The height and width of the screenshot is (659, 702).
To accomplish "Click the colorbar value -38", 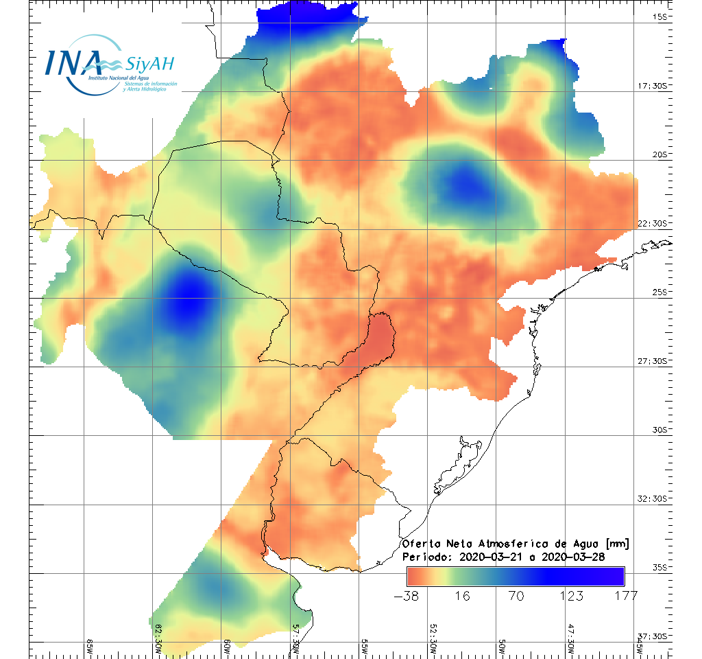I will (408, 596).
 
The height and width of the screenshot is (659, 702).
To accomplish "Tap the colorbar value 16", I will (462, 596).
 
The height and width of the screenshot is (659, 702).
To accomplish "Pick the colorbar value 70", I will (516, 596).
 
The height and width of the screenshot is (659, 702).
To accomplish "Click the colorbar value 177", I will (625, 596).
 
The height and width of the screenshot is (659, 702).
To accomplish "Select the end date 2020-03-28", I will (573, 557).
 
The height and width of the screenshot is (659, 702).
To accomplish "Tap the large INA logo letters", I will (73, 62).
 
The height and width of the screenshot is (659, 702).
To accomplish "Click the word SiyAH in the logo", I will (149, 64).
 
